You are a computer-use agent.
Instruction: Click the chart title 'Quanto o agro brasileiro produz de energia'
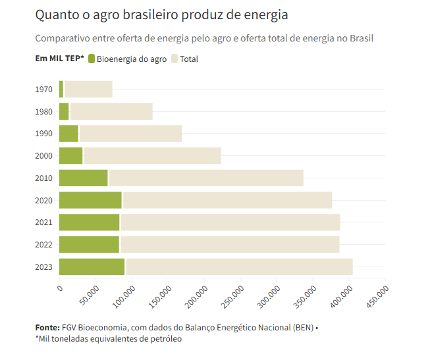(161, 14)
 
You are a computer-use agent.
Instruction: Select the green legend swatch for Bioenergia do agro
(91, 59)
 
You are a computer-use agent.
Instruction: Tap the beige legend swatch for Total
(175, 59)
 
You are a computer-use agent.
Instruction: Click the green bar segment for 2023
(92, 267)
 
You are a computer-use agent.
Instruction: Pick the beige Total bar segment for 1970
(88, 89)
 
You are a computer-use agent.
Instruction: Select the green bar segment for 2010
(83, 178)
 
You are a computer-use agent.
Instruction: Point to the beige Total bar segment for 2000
(152, 155)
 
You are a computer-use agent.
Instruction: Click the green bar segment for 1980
(64, 111)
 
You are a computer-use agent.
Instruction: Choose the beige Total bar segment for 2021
(230, 222)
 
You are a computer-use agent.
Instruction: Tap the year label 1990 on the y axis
(43, 134)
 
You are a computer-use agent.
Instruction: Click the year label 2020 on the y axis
(43, 200)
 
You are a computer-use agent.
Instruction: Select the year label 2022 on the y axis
(43, 245)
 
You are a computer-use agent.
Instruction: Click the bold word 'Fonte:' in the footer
(47, 327)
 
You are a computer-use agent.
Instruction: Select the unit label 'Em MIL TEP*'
(59, 59)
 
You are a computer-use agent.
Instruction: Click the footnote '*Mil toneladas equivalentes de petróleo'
(108, 339)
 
